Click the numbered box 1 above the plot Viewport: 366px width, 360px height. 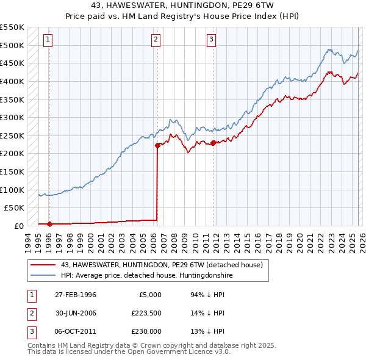(x=48, y=40)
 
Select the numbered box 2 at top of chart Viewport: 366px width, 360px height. (x=156, y=40)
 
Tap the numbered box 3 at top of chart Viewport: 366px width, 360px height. (x=211, y=40)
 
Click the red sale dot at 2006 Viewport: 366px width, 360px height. (x=157, y=145)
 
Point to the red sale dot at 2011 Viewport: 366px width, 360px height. (x=213, y=143)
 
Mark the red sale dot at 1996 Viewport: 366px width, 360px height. (x=49, y=224)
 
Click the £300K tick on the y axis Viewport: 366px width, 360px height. (x=12, y=117)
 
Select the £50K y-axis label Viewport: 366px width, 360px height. (x=15, y=207)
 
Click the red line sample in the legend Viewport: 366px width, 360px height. (x=43, y=265)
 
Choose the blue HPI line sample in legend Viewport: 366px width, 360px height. (x=43, y=275)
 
